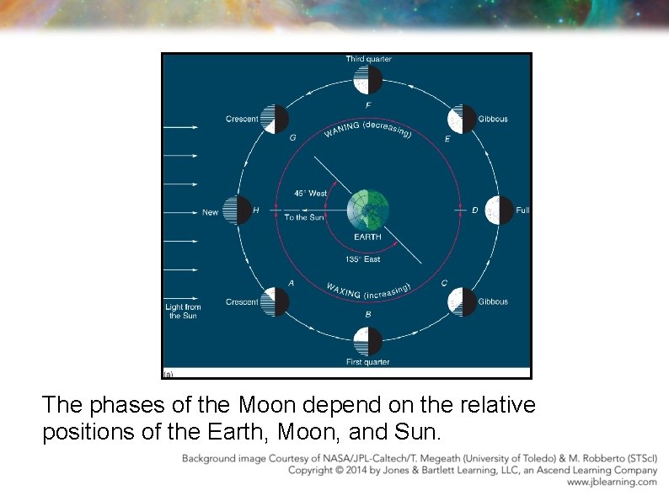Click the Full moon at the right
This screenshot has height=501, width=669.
coord(500,211)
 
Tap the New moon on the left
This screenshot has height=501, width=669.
coord(240,211)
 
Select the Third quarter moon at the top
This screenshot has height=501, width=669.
coord(369,80)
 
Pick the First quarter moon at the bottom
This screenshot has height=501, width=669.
coord(368,341)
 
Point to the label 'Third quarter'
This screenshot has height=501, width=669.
coord(368,59)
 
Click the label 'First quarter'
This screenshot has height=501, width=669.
coord(368,362)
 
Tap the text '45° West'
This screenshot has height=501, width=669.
coord(310,194)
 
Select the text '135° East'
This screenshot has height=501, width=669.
coord(363,259)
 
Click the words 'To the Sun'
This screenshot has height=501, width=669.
coord(303,217)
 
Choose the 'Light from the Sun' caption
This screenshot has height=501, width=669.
coord(182,312)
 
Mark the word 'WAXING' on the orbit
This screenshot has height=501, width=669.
coord(344,290)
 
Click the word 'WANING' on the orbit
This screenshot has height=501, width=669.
coord(341,132)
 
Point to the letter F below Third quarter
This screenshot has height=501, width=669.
coord(368,105)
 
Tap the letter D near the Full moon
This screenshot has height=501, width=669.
coord(474,210)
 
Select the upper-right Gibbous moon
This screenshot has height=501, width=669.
coord(462,120)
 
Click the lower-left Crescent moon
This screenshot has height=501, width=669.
coord(276,301)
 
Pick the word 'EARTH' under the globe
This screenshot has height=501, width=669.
coord(367,237)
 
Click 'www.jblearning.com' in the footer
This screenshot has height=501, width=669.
coord(612,482)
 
